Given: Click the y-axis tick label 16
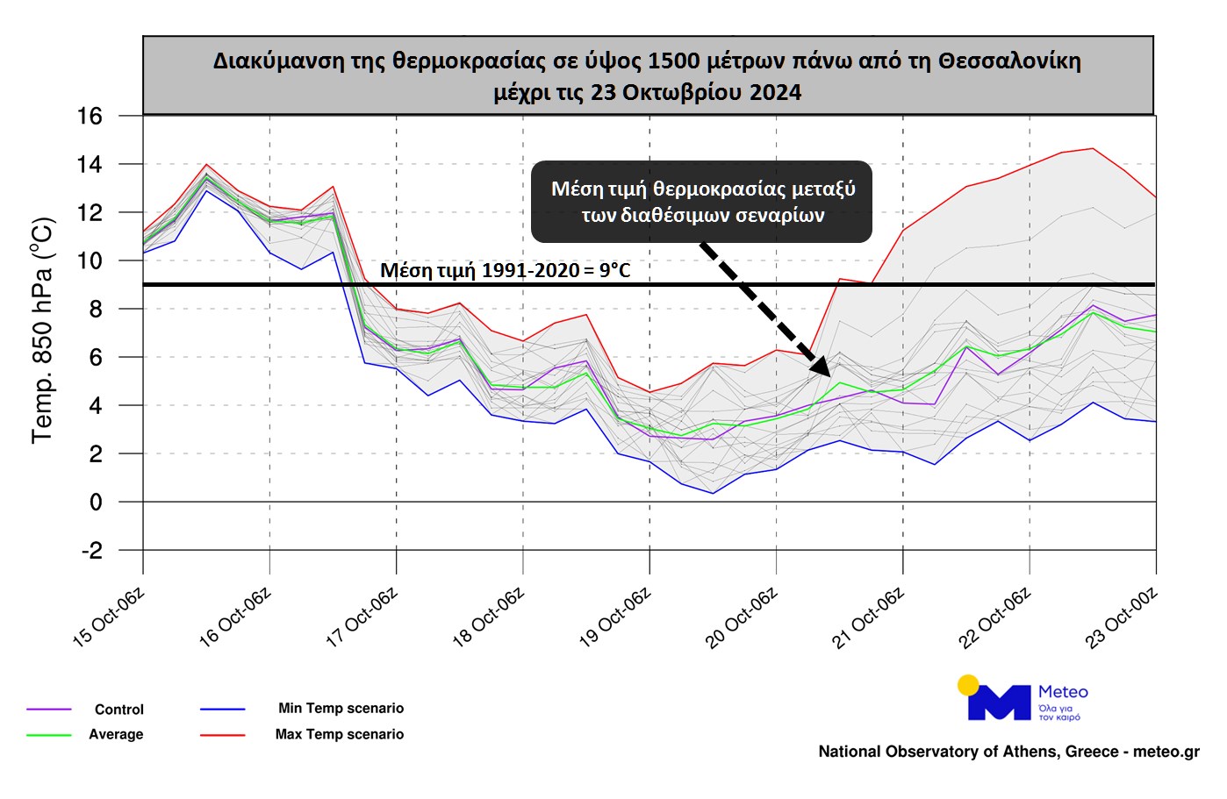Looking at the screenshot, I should click(90, 116).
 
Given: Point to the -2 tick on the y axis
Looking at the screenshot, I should click(91, 551).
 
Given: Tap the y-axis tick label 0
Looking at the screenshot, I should click(96, 503).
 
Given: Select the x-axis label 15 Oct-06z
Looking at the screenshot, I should click(108, 618).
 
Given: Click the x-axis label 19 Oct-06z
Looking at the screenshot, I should click(614, 618).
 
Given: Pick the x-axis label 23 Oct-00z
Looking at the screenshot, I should click(1121, 618).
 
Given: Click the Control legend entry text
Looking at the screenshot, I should click(118, 710).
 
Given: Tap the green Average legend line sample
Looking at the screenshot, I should click(48, 735).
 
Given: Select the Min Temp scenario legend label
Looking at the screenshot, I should click(341, 708).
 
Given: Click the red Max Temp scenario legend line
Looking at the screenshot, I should click(222, 735).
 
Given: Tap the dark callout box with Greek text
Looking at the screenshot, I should click(702, 202).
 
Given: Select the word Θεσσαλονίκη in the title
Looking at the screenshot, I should click(1009, 61).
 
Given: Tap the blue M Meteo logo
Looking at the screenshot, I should click(999, 703).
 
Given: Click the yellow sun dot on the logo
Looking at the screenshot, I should click(968, 685).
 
